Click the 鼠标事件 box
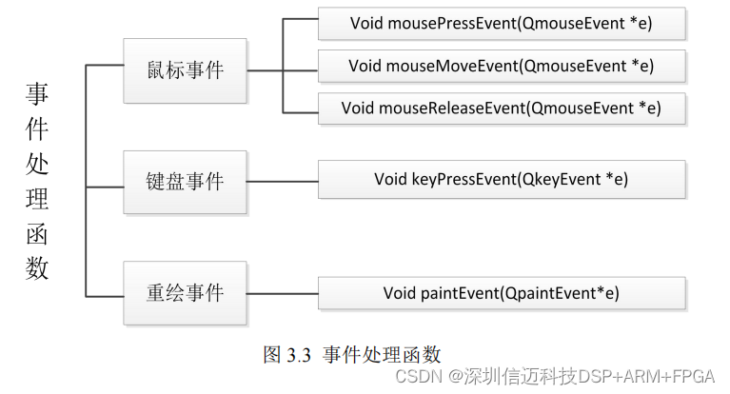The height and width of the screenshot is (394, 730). click(x=186, y=70)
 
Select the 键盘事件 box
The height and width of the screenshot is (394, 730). click(x=186, y=181)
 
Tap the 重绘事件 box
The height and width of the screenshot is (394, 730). click(x=186, y=291)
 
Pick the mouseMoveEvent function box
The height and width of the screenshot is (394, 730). click(x=502, y=66)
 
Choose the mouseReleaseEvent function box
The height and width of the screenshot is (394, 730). click(x=502, y=108)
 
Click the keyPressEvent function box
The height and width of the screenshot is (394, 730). click(x=502, y=179)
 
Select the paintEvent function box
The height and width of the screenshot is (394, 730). click(x=502, y=292)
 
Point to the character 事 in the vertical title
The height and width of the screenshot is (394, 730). click(x=37, y=93)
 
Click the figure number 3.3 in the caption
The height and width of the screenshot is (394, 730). click(x=300, y=355)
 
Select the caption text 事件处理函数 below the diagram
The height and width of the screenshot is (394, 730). click(x=382, y=355)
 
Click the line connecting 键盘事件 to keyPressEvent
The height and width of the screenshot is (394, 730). click(x=283, y=179)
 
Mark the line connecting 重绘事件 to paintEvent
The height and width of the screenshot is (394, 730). click(x=283, y=292)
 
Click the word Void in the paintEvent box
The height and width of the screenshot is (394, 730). click(x=400, y=292)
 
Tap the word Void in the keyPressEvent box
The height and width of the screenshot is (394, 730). click(x=390, y=179)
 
